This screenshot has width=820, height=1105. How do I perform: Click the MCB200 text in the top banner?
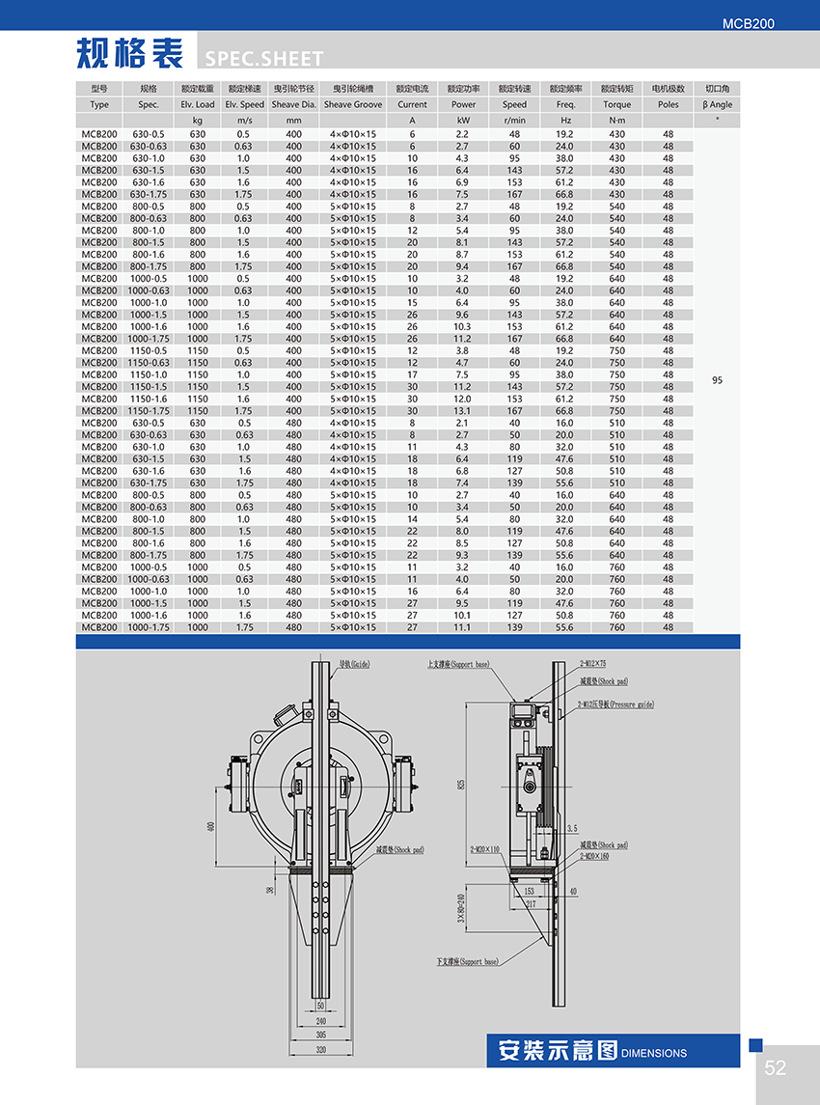coord(747,23)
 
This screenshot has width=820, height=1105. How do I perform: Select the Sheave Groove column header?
coord(353,104)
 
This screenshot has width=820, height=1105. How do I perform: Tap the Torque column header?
coord(616,104)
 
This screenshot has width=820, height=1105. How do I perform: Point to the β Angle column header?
coord(717,104)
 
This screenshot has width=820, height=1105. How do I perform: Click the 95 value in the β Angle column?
coord(717,380)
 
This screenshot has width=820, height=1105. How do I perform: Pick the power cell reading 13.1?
coord(463,411)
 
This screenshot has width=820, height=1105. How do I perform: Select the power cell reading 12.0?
coord(463,399)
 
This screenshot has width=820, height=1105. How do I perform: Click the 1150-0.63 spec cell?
coord(149,363)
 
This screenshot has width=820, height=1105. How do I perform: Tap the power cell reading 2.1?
coord(463,423)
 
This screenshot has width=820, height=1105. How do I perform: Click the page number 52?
coord(776,1067)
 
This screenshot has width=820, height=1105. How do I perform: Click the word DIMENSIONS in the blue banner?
coord(654,1053)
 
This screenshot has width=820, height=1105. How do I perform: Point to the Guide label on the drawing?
coord(354,664)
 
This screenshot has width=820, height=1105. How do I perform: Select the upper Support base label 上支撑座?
coord(459,664)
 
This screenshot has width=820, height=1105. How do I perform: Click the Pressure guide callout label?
coord(615,704)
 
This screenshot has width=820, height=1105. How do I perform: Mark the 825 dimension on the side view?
coord(460,783)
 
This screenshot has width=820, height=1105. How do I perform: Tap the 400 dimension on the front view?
coord(210,827)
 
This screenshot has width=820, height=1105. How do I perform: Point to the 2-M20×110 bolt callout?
coord(485,849)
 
